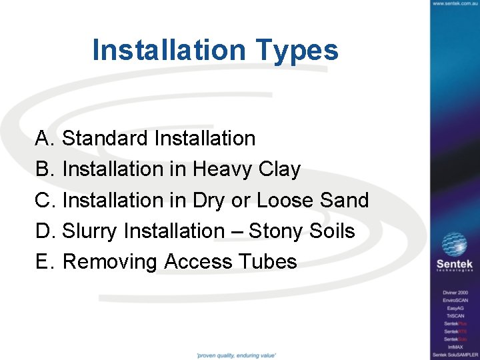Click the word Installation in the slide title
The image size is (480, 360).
tap(169, 50)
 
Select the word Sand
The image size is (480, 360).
tap(345, 200)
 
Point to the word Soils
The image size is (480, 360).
tap(332, 231)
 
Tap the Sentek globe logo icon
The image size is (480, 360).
tap(455, 244)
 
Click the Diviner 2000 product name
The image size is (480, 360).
tap(455, 293)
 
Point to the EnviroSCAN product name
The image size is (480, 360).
tap(455, 301)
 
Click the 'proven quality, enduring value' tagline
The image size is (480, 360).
tap(236, 355)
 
